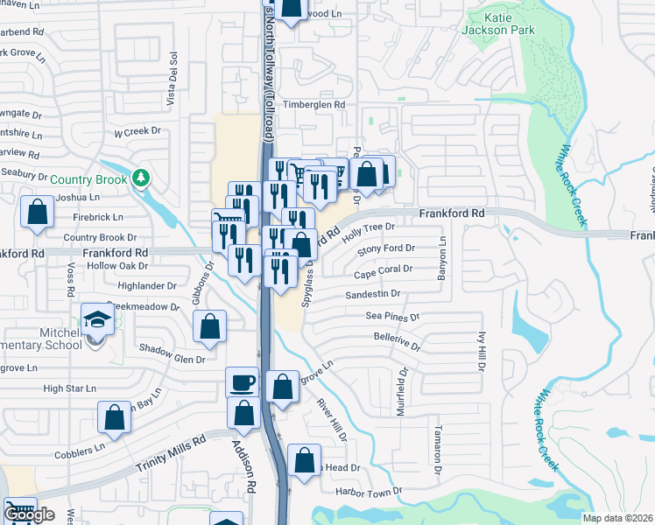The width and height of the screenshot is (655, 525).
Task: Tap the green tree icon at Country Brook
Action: pyautogui.click(x=141, y=179)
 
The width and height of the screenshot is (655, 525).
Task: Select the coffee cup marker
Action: pyautogui.click(x=242, y=381)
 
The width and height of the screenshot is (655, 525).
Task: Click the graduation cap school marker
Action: pyautogui.click(x=97, y=318)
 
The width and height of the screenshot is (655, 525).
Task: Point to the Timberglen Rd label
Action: pyautogui.click(x=308, y=104)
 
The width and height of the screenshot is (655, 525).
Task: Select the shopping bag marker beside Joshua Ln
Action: pyautogui.click(x=37, y=213)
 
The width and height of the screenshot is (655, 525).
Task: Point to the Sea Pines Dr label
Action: pyautogui.click(x=393, y=316)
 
